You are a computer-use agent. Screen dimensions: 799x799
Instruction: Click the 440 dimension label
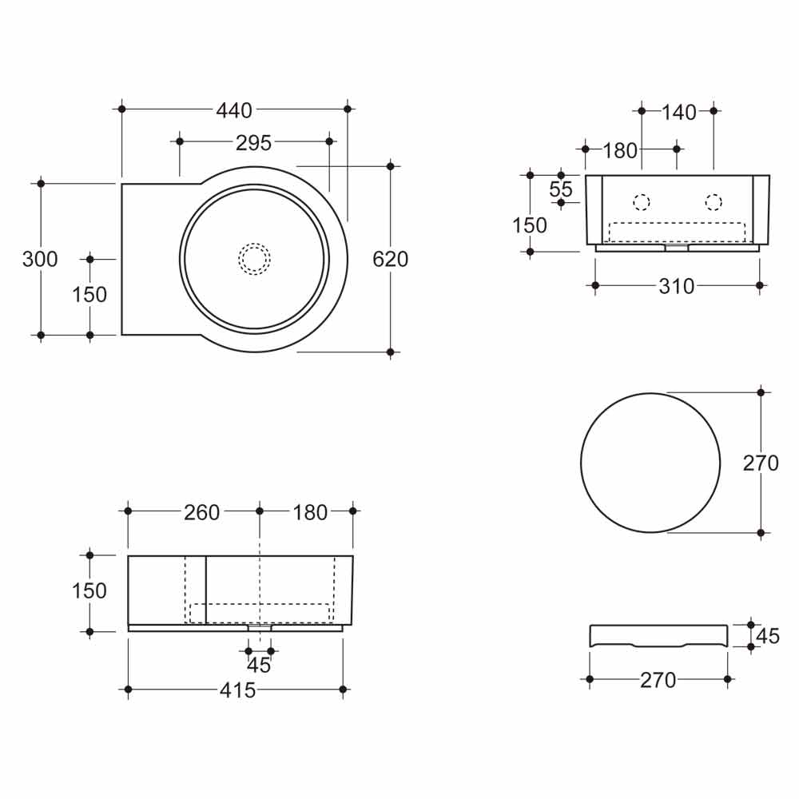pyautogui.click(x=234, y=110)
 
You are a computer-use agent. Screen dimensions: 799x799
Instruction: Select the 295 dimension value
pyautogui.click(x=253, y=143)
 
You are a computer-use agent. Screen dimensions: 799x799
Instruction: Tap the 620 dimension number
pyautogui.click(x=391, y=259)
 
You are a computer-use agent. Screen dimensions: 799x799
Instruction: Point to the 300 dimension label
pyautogui.click(x=40, y=259)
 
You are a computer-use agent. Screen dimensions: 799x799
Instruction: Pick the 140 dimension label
pyautogui.click(x=678, y=112)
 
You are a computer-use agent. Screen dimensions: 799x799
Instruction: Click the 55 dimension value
pyautogui.click(x=561, y=189)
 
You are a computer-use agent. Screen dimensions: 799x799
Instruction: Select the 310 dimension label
pyautogui.click(x=677, y=286)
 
